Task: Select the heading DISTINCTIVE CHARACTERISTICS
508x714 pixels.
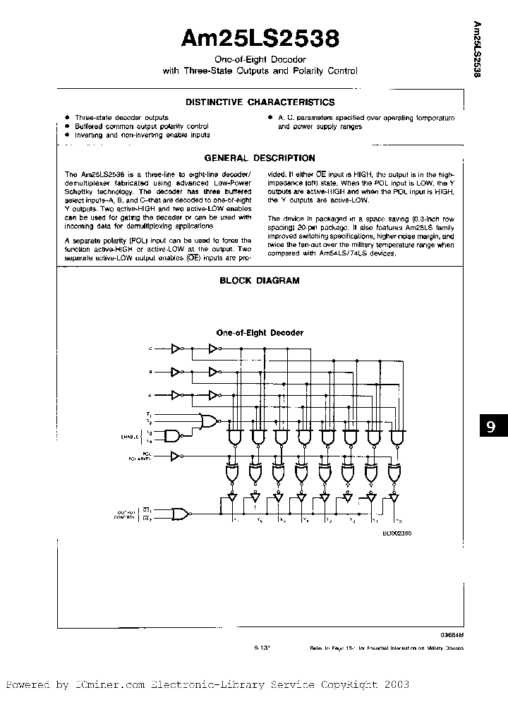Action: [x=260, y=102]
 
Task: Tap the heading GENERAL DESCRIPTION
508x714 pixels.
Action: [x=260, y=158]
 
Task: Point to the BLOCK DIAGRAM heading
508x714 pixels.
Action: [x=260, y=280]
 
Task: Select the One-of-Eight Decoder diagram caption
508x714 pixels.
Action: [x=260, y=332]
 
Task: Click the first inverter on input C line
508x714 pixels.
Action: [x=177, y=348]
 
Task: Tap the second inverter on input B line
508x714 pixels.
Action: [x=214, y=371]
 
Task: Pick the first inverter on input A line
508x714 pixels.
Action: [x=177, y=394]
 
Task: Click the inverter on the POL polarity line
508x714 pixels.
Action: [x=177, y=456]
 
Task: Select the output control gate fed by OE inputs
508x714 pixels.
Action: [x=181, y=513]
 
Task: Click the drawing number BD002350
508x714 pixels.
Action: [x=397, y=534]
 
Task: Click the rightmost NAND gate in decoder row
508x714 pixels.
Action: [x=399, y=437]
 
